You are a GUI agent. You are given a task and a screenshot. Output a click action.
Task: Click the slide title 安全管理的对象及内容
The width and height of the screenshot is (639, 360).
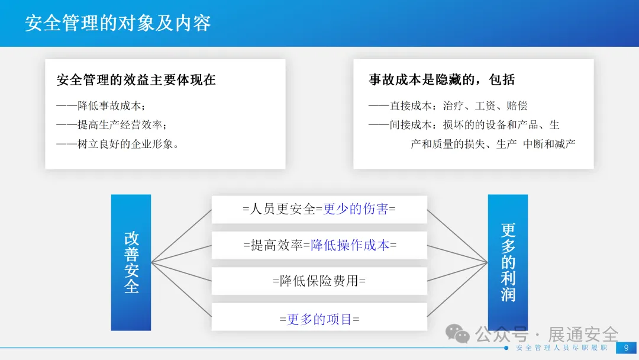coord(118,23)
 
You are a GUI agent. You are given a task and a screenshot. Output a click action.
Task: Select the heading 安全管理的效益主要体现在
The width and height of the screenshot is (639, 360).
coord(136,80)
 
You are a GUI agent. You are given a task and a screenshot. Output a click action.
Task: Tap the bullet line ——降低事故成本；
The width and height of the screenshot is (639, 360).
coord(101,106)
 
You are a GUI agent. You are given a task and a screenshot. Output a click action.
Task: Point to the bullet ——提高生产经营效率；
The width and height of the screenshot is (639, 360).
coord(112,125)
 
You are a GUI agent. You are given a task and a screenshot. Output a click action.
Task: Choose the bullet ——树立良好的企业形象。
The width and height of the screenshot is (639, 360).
coord(118,144)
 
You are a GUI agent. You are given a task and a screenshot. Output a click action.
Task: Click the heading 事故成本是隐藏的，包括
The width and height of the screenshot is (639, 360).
coord(442,79)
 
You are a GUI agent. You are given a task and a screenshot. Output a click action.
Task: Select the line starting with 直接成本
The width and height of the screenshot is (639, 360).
coord(448,106)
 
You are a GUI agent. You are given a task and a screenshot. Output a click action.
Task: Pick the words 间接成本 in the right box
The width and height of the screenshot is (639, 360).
coord(411,125)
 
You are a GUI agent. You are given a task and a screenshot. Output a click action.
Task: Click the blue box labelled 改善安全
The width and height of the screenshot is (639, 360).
coord(131,262)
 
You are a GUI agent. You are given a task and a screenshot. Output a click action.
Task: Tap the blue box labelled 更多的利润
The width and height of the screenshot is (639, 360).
coord(508,262)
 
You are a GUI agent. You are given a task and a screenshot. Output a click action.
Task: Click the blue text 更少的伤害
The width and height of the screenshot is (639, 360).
coord(356,209)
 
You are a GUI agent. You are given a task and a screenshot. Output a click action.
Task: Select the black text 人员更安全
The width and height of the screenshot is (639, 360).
coord(282,209)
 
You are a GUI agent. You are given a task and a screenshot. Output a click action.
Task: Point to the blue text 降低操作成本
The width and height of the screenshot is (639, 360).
coord(350,245)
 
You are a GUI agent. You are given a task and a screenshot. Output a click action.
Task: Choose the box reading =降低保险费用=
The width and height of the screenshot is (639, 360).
coord(319,281)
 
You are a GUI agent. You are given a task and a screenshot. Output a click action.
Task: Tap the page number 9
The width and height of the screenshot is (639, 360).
coord(627,348)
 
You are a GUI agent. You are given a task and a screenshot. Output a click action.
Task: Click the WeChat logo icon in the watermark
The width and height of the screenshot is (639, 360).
coord(457,333)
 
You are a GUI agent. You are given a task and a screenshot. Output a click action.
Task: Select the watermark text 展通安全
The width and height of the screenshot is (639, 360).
coord(583,335)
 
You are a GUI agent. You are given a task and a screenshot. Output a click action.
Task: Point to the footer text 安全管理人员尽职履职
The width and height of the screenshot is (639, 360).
coord(561,348)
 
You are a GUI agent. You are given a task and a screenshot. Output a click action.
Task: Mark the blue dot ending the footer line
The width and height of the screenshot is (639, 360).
coord(506,348)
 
